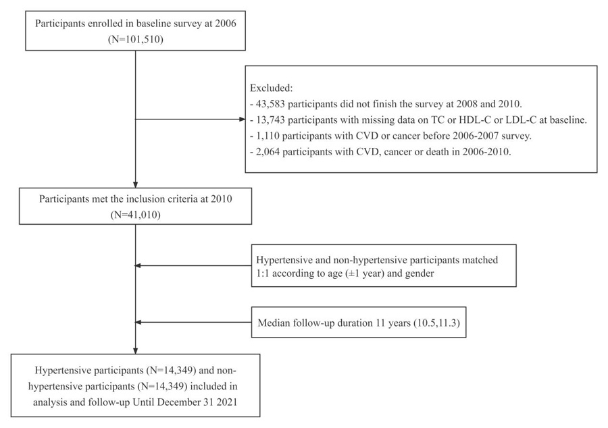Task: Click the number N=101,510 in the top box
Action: (x=136, y=39)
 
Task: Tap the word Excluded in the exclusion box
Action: (x=270, y=88)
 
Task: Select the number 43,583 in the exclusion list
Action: (x=270, y=104)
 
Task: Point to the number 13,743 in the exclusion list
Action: (x=270, y=119)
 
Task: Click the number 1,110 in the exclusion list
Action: (x=268, y=136)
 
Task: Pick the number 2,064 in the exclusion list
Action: (x=268, y=151)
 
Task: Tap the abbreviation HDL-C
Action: (x=475, y=119)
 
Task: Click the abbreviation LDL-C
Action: (x=521, y=119)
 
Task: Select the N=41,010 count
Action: (x=136, y=215)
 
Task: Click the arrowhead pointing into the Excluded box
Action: (x=243, y=119)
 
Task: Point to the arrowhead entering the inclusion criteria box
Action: (x=135, y=185)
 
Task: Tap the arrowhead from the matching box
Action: (x=138, y=266)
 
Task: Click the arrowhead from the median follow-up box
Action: (x=138, y=322)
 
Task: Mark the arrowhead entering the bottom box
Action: (x=135, y=350)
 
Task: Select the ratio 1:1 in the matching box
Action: (x=263, y=273)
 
